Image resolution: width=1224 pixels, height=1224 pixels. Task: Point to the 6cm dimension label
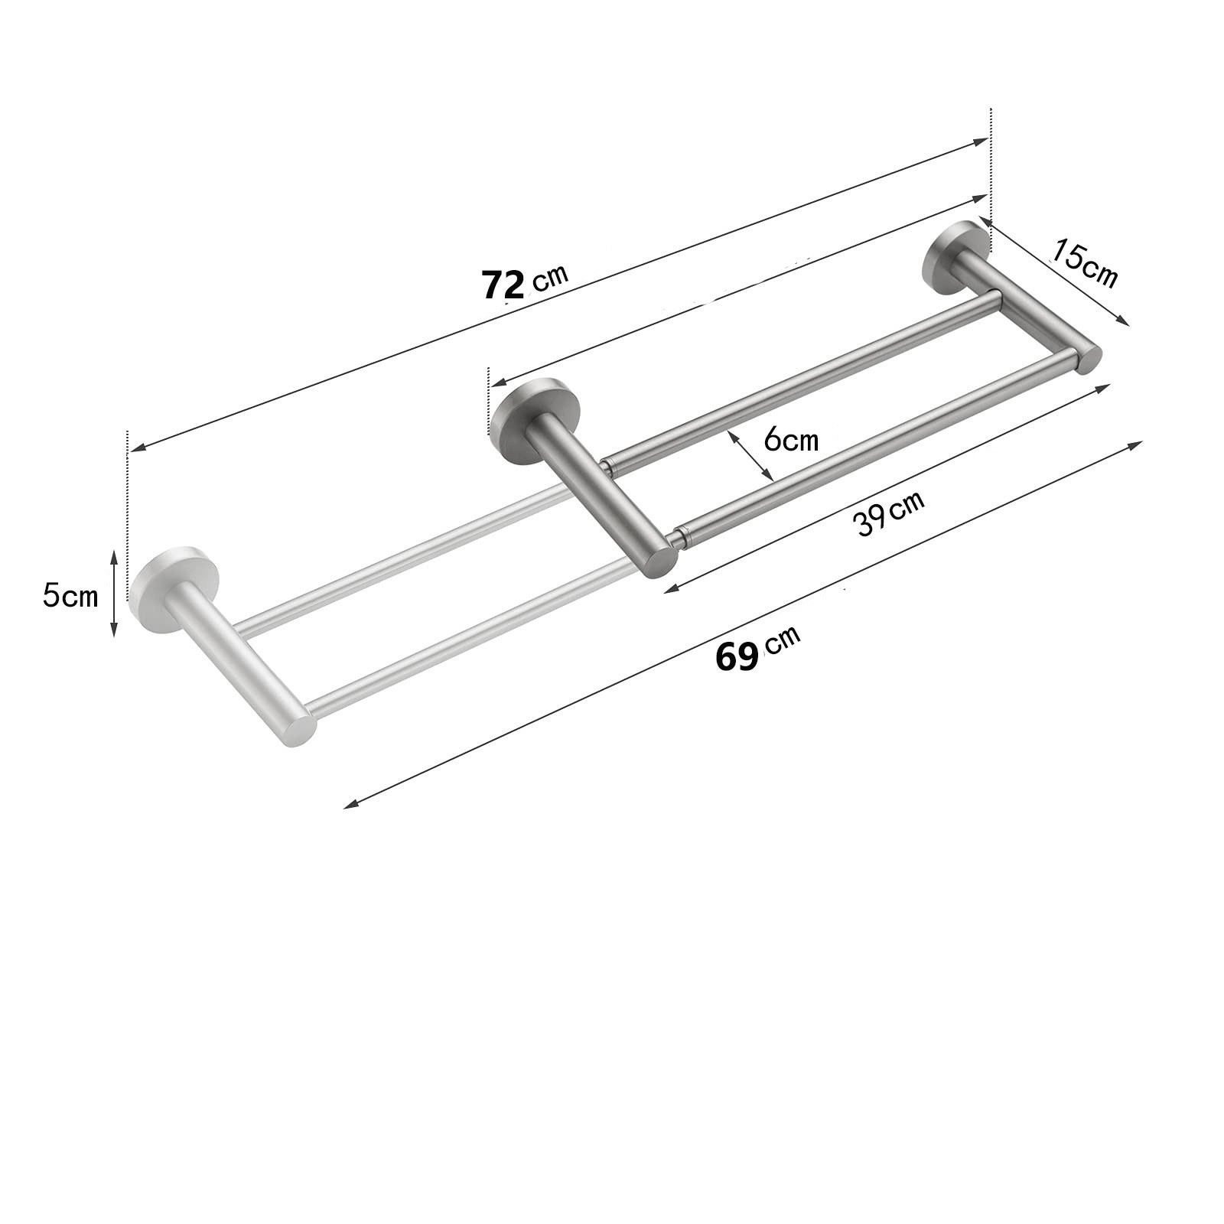tap(791, 440)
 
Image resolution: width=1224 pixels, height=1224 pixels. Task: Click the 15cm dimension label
tap(1085, 263)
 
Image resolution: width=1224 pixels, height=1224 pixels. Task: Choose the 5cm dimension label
tap(70, 595)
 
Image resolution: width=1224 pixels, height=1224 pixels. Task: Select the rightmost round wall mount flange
tap(955, 257)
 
